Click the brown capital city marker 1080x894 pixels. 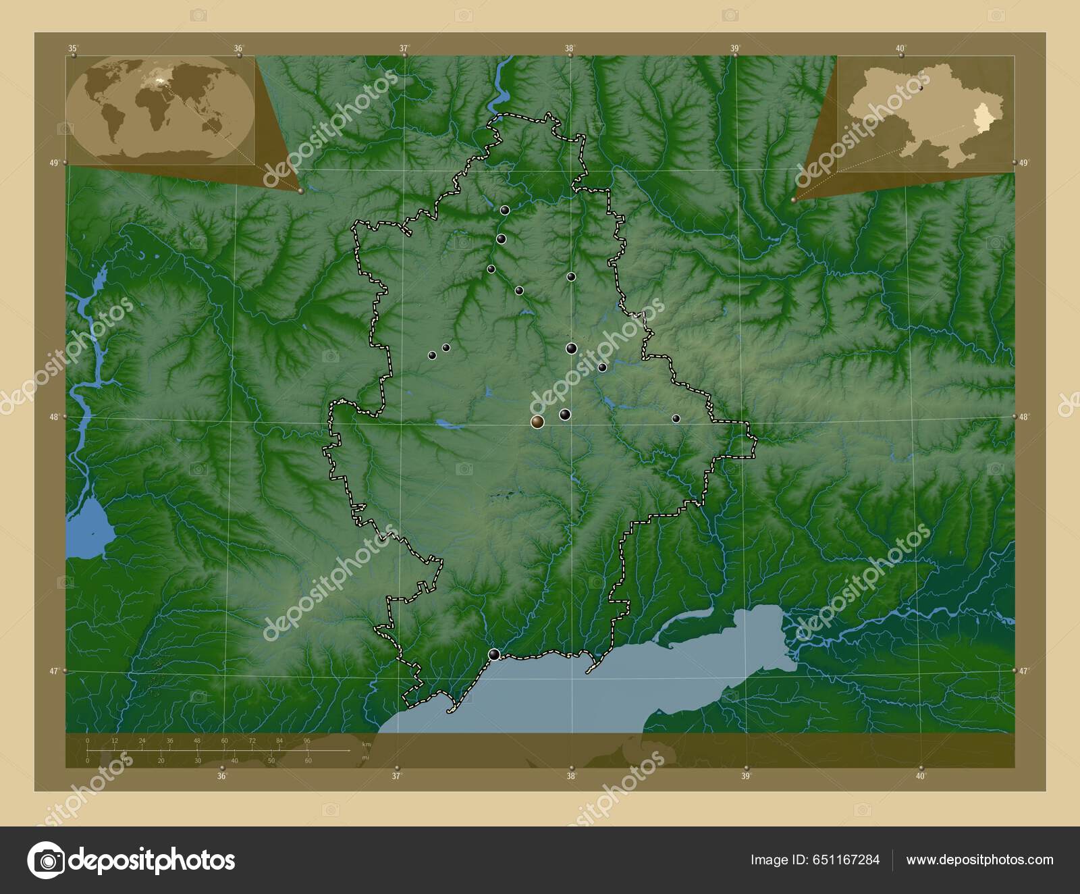click(537, 422)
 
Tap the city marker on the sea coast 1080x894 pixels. click(495, 654)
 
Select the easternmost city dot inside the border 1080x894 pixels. click(676, 419)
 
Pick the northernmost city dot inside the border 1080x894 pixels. click(505, 210)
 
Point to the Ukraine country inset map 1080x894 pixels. click(925, 112)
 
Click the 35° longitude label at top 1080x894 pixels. click(73, 48)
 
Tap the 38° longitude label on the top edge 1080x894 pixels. click(570, 48)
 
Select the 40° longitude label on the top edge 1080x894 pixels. click(900, 48)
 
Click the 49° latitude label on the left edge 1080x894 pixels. click(53, 163)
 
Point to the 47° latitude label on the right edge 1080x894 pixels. click(1024, 671)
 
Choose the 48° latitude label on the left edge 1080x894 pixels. click(53, 417)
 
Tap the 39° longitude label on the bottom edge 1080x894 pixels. click(746, 777)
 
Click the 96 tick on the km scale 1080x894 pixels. click(307, 741)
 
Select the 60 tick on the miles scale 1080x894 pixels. click(308, 761)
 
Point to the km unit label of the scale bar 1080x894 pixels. click(367, 743)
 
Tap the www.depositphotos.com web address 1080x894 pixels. click(979, 860)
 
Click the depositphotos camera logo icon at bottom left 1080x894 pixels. click(46, 860)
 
